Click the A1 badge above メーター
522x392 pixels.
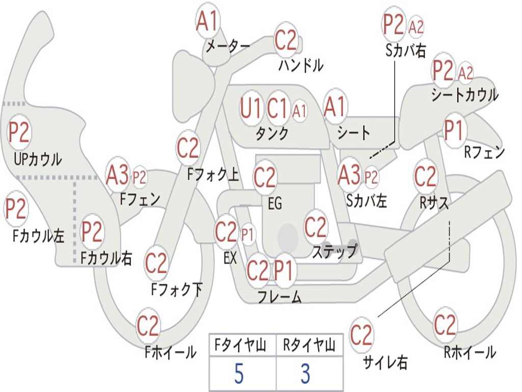pyautogui.click(x=207, y=21)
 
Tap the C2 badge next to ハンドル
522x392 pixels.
pyautogui.click(x=286, y=40)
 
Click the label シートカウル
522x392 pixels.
pyautogui.click(x=464, y=95)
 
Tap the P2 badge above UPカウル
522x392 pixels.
pyautogui.click(x=19, y=133)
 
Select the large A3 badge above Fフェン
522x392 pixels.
pyautogui.click(x=118, y=175)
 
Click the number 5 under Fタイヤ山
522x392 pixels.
pyautogui.click(x=239, y=374)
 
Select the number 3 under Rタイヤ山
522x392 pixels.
pyautogui.click(x=305, y=374)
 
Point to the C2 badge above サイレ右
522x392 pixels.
pyautogui.click(x=361, y=335)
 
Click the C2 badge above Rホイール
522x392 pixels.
pyautogui.click(x=445, y=325)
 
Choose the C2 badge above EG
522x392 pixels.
pyautogui.click(x=265, y=177)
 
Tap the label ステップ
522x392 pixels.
pyautogui.click(x=334, y=252)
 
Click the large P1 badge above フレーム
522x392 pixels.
pyautogui.click(x=284, y=271)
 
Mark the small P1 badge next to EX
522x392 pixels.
pyautogui.click(x=247, y=235)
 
